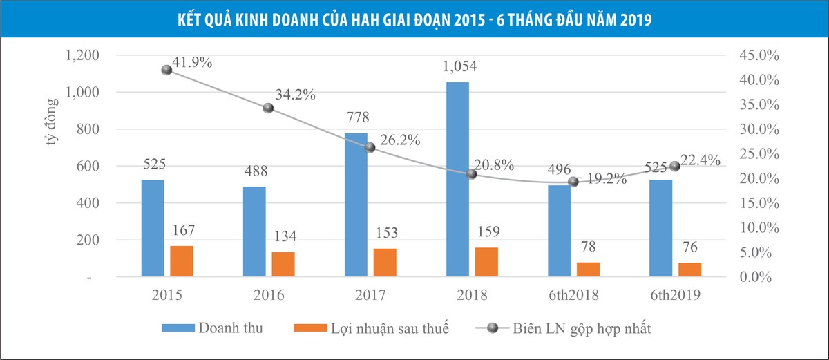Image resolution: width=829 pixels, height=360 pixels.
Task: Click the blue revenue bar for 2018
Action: [x=457, y=180]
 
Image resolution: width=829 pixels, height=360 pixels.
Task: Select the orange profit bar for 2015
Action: [x=182, y=261]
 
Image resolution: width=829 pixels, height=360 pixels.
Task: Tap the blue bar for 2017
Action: [x=356, y=205]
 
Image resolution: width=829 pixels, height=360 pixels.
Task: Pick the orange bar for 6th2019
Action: [x=690, y=269]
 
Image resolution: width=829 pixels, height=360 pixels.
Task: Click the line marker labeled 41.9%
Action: [x=166, y=70]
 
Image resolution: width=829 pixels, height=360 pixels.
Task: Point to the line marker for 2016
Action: [x=268, y=108]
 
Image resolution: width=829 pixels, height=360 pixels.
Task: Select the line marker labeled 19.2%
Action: [x=573, y=182]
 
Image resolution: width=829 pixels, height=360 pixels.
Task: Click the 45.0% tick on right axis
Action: [x=754, y=55]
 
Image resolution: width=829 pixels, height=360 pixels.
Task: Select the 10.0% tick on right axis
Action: [x=754, y=227]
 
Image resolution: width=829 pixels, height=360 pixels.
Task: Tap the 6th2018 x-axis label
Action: [x=573, y=295]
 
